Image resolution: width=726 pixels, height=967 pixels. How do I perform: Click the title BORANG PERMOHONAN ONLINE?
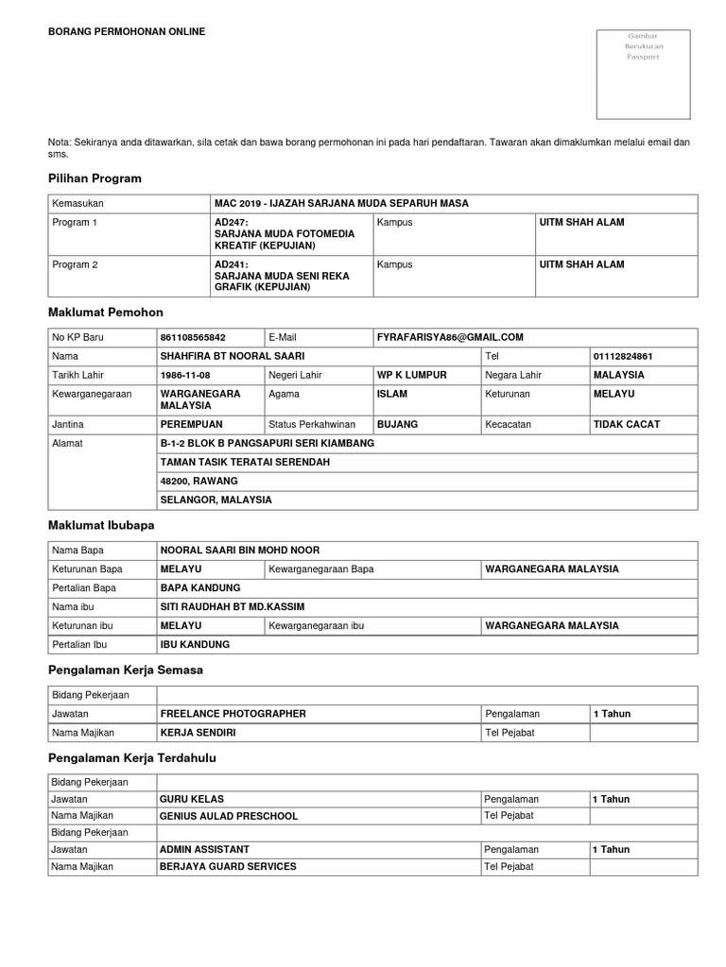[x=127, y=31]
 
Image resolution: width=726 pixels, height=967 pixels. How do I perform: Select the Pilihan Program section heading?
[x=95, y=178]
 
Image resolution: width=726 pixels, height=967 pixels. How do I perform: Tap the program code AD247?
[x=231, y=223]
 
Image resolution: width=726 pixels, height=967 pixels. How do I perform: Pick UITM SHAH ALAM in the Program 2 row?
[x=581, y=264]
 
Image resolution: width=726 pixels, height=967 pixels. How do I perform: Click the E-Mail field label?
[x=283, y=337]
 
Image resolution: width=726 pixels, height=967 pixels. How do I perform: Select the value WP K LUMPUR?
[x=411, y=375]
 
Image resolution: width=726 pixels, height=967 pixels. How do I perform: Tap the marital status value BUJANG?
[x=397, y=425]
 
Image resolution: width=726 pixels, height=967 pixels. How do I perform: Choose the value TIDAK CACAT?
[x=626, y=425]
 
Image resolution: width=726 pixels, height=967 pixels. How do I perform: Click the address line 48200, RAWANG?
[x=199, y=481]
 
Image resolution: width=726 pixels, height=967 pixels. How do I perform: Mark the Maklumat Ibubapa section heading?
[x=101, y=524]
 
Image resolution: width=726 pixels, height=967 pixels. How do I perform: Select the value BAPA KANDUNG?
[x=200, y=587]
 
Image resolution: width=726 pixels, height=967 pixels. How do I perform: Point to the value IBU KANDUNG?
[x=195, y=644]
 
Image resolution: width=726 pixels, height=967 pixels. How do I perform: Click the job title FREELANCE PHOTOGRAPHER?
[x=233, y=714]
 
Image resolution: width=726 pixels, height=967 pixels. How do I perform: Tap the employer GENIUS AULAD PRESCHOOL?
[x=229, y=816]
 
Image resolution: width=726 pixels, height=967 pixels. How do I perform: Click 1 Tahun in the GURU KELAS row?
[x=611, y=799]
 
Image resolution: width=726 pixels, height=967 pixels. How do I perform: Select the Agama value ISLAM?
[x=392, y=393]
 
